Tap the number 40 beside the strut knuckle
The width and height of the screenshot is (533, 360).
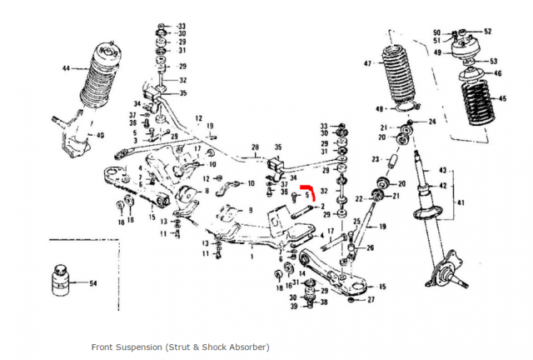[x=100, y=135]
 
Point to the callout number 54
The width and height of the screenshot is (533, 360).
[x=92, y=284]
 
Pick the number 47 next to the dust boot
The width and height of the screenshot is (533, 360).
[x=367, y=63]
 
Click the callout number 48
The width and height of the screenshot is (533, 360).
[x=379, y=109]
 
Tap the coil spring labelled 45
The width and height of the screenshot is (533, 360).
[x=476, y=101]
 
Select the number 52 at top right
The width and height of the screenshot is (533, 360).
[x=487, y=32]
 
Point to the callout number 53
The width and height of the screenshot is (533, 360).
[x=493, y=61]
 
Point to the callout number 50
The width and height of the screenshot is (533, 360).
[x=436, y=32]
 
